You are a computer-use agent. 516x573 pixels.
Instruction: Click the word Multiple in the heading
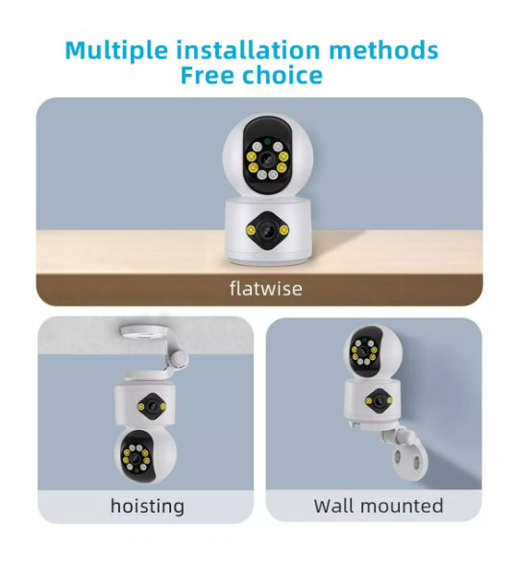(x=116, y=51)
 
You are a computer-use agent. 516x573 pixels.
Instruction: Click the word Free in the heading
(x=208, y=75)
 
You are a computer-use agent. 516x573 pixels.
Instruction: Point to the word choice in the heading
(x=283, y=75)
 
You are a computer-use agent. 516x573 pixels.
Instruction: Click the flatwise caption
(x=266, y=289)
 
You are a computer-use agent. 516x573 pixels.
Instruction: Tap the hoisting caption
(x=147, y=507)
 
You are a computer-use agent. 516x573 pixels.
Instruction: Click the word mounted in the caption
(x=402, y=506)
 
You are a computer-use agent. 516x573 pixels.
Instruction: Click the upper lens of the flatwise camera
(x=267, y=159)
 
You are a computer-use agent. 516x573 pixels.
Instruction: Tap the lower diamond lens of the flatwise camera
(x=267, y=230)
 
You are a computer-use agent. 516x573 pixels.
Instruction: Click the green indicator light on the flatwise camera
(x=267, y=141)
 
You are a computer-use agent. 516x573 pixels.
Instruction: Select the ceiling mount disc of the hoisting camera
(x=144, y=331)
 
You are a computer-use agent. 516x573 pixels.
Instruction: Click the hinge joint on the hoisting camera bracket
(x=180, y=359)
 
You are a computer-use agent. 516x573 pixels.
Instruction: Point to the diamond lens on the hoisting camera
(x=152, y=406)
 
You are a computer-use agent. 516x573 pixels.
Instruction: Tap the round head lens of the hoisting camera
(x=135, y=459)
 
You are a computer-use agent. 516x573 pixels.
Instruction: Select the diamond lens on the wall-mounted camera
(x=380, y=401)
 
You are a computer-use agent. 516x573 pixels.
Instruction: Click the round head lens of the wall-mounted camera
(x=363, y=351)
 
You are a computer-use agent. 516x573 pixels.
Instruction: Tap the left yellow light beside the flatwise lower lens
(x=251, y=229)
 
